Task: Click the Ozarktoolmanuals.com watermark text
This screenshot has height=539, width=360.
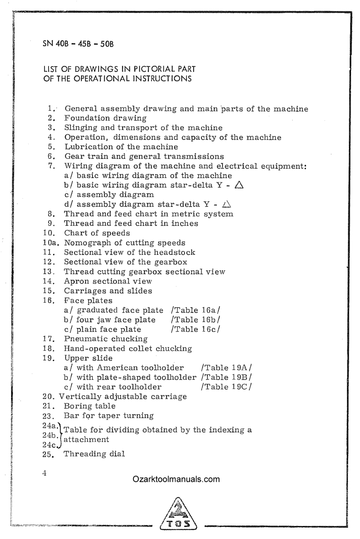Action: click(176, 479)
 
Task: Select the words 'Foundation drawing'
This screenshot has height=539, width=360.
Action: click(106, 118)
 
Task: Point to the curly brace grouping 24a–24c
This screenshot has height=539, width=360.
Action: click(61, 434)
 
